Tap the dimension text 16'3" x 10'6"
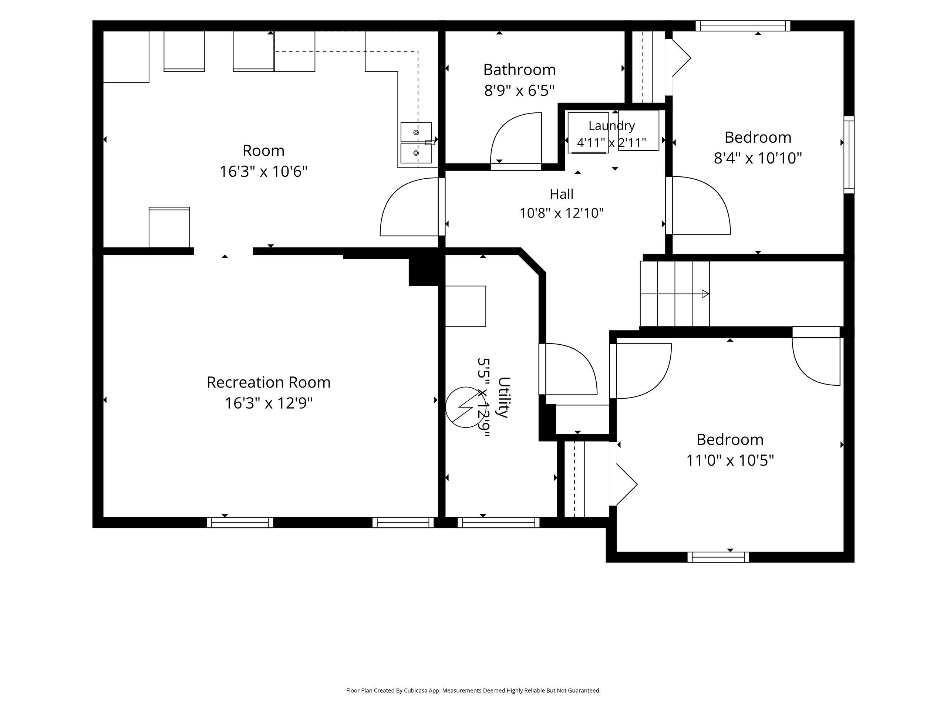pyautogui.click(x=264, y=172)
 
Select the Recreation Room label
pyautogui.click(x=269, y=382)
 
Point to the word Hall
pyautogui.click(x=561, y=194)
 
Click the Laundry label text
pyautogui.click(x=611, y=126)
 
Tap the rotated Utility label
pyautogui.click(x=504, y=397)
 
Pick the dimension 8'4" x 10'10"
pyautogui.click(x=758, y=158)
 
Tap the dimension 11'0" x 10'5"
pyautogui.click(x=730, y=460)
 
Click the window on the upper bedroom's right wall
pyautogui.click(x=849, y=155)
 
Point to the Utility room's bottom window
pyautogui.click(x=498, y=523)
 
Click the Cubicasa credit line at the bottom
pyautogui.click(x=473, y=690)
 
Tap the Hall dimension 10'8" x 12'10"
pyautogui.click(x=561, y=213)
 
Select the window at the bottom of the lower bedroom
pyautogui.click(x=718, y=557)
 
